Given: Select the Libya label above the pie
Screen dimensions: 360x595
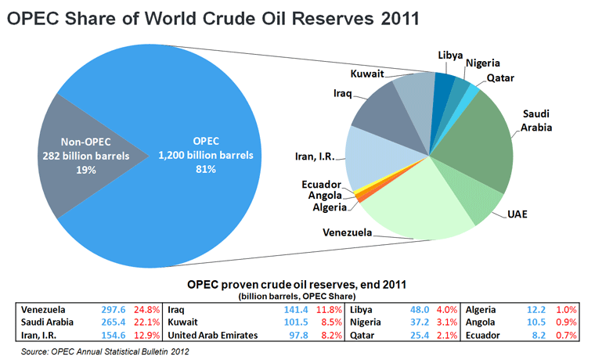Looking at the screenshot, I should click(x=449, y=56).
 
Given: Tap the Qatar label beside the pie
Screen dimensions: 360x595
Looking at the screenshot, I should click(x=499, y=78).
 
